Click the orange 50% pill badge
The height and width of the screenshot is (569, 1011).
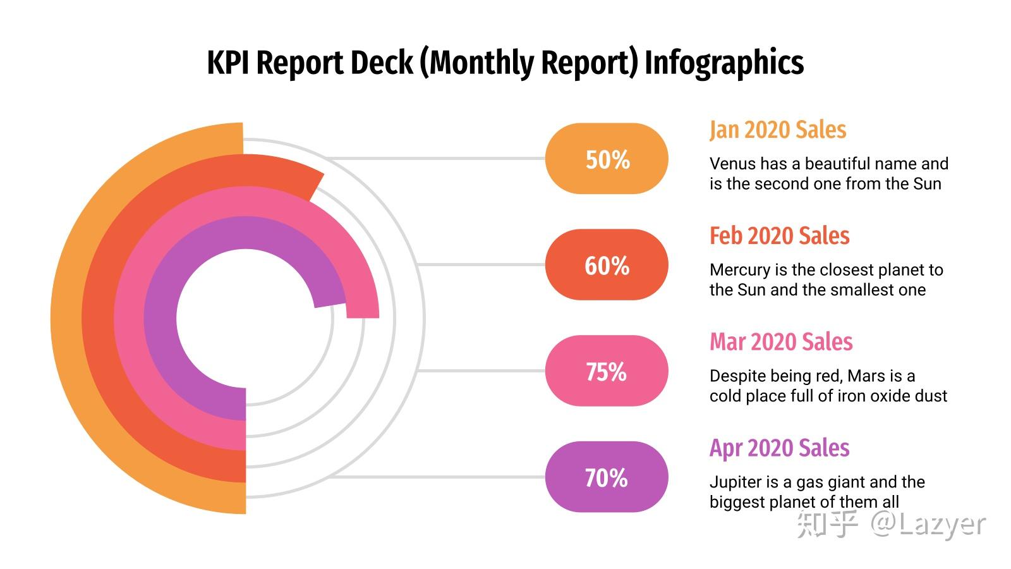tap(607, 159)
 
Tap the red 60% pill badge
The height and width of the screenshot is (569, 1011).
tap(607, 265)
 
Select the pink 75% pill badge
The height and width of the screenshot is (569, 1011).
tap(607, 370)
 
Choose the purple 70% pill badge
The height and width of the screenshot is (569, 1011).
tap(607, 477)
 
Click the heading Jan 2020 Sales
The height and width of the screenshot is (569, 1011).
tap(778, 130)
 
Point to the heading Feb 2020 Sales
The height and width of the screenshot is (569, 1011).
tap(780, 236)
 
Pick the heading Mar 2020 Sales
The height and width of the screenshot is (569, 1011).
tap(781, 342)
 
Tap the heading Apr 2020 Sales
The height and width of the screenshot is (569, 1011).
tap(780, 448)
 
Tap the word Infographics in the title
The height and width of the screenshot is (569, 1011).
tap(724, 63)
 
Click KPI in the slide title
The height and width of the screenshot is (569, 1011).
tap(228, 62)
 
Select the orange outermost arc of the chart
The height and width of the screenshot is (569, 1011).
tap(67, 319)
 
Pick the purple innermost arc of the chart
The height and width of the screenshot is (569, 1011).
tap(160, 319)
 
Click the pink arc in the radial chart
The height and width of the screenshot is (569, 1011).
tap(130, 319)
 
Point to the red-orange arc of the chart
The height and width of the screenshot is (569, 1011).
tap(98, 319)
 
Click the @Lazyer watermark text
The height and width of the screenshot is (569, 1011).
tap(928, 524)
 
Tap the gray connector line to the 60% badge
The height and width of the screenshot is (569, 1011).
tap(481, 265)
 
